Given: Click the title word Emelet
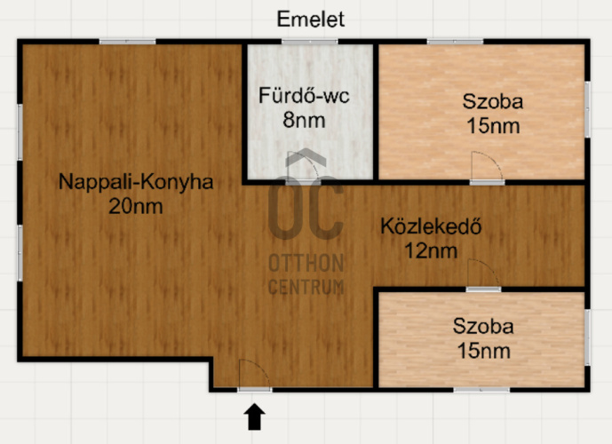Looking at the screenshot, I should [310, 19].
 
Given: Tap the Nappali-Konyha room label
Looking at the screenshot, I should [136, 182].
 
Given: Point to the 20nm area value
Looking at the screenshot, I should [136, 206].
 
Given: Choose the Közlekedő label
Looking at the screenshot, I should [431, 226].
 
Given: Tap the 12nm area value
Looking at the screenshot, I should [433, 250].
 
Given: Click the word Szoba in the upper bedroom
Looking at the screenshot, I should [492, 101].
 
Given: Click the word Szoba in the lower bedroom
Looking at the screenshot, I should [482, 325].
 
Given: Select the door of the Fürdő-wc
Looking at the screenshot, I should [301, 168].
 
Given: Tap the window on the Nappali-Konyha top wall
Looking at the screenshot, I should [127, 42].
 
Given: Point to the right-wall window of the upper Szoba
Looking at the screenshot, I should [587, 109].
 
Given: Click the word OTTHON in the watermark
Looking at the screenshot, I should [306, 264].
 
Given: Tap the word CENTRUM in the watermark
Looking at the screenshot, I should [306, 286].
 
